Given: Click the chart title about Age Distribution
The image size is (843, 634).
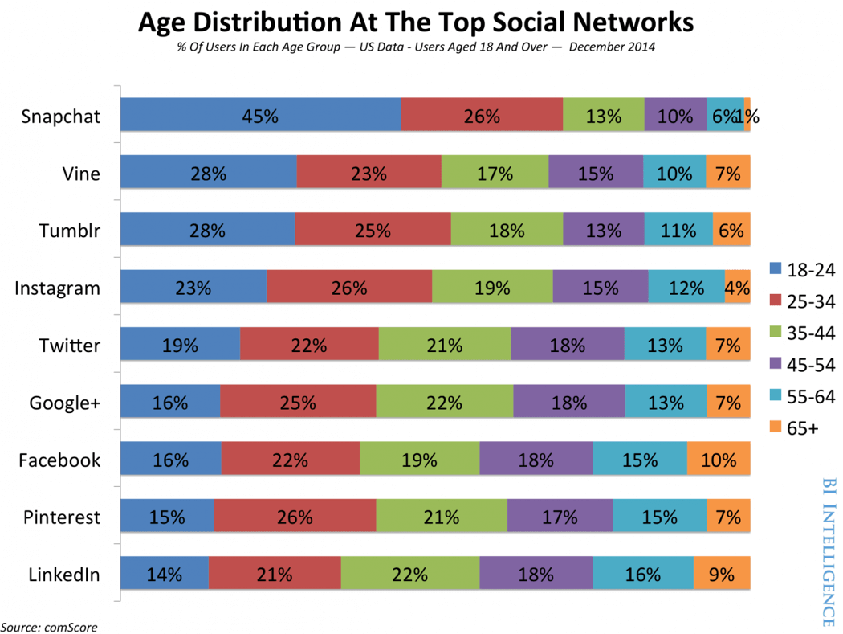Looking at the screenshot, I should pos(415,22).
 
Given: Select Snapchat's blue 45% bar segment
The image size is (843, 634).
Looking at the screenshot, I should pos(260,116).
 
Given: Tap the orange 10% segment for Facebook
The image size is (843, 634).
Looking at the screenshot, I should pos(719,460).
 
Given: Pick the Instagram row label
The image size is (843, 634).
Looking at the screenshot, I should pos(58,288).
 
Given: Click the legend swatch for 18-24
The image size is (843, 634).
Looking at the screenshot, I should pos(775,270).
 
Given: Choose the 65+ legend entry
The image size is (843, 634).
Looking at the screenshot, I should pos(794,427).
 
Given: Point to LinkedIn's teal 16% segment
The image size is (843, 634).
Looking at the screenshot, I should pos(642,575).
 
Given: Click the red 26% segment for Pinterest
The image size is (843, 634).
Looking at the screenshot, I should pos(295,517).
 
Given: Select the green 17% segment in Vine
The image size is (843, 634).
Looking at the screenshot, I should pos(495,173).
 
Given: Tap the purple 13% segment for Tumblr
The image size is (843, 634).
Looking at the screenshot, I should pos(603,231).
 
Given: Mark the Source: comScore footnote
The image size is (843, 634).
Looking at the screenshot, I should pos(49,626).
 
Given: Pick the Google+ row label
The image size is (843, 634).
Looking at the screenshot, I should pos(64,403).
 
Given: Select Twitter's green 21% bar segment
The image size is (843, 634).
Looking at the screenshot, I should pos(444,346).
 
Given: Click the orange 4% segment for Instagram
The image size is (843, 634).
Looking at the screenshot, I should pos(737,288).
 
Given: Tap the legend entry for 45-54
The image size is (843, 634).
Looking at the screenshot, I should pos(801,365).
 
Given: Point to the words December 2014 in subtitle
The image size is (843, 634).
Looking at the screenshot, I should pos(612,47).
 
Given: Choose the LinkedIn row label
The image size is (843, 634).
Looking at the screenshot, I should pos(64,575).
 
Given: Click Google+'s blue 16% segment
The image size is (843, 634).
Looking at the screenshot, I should pos(170,403).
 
